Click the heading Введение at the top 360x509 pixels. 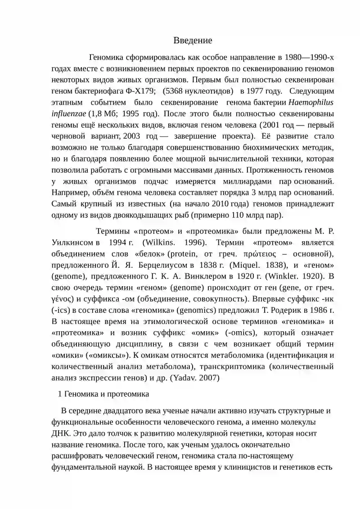tap(193, 41)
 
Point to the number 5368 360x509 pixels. tap(175, 91)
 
